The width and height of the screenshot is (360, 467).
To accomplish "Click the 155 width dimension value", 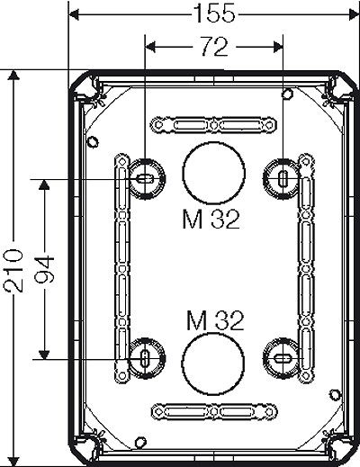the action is coord(214,13).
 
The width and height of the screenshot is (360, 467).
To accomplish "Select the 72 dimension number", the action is coord(214,47).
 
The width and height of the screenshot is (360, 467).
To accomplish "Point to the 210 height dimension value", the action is coord(13,270).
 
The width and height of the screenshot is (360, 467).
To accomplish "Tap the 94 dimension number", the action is coord(44,269).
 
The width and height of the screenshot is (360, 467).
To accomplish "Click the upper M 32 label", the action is coord(211,220).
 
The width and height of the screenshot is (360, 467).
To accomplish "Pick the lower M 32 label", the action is coord(215,320).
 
